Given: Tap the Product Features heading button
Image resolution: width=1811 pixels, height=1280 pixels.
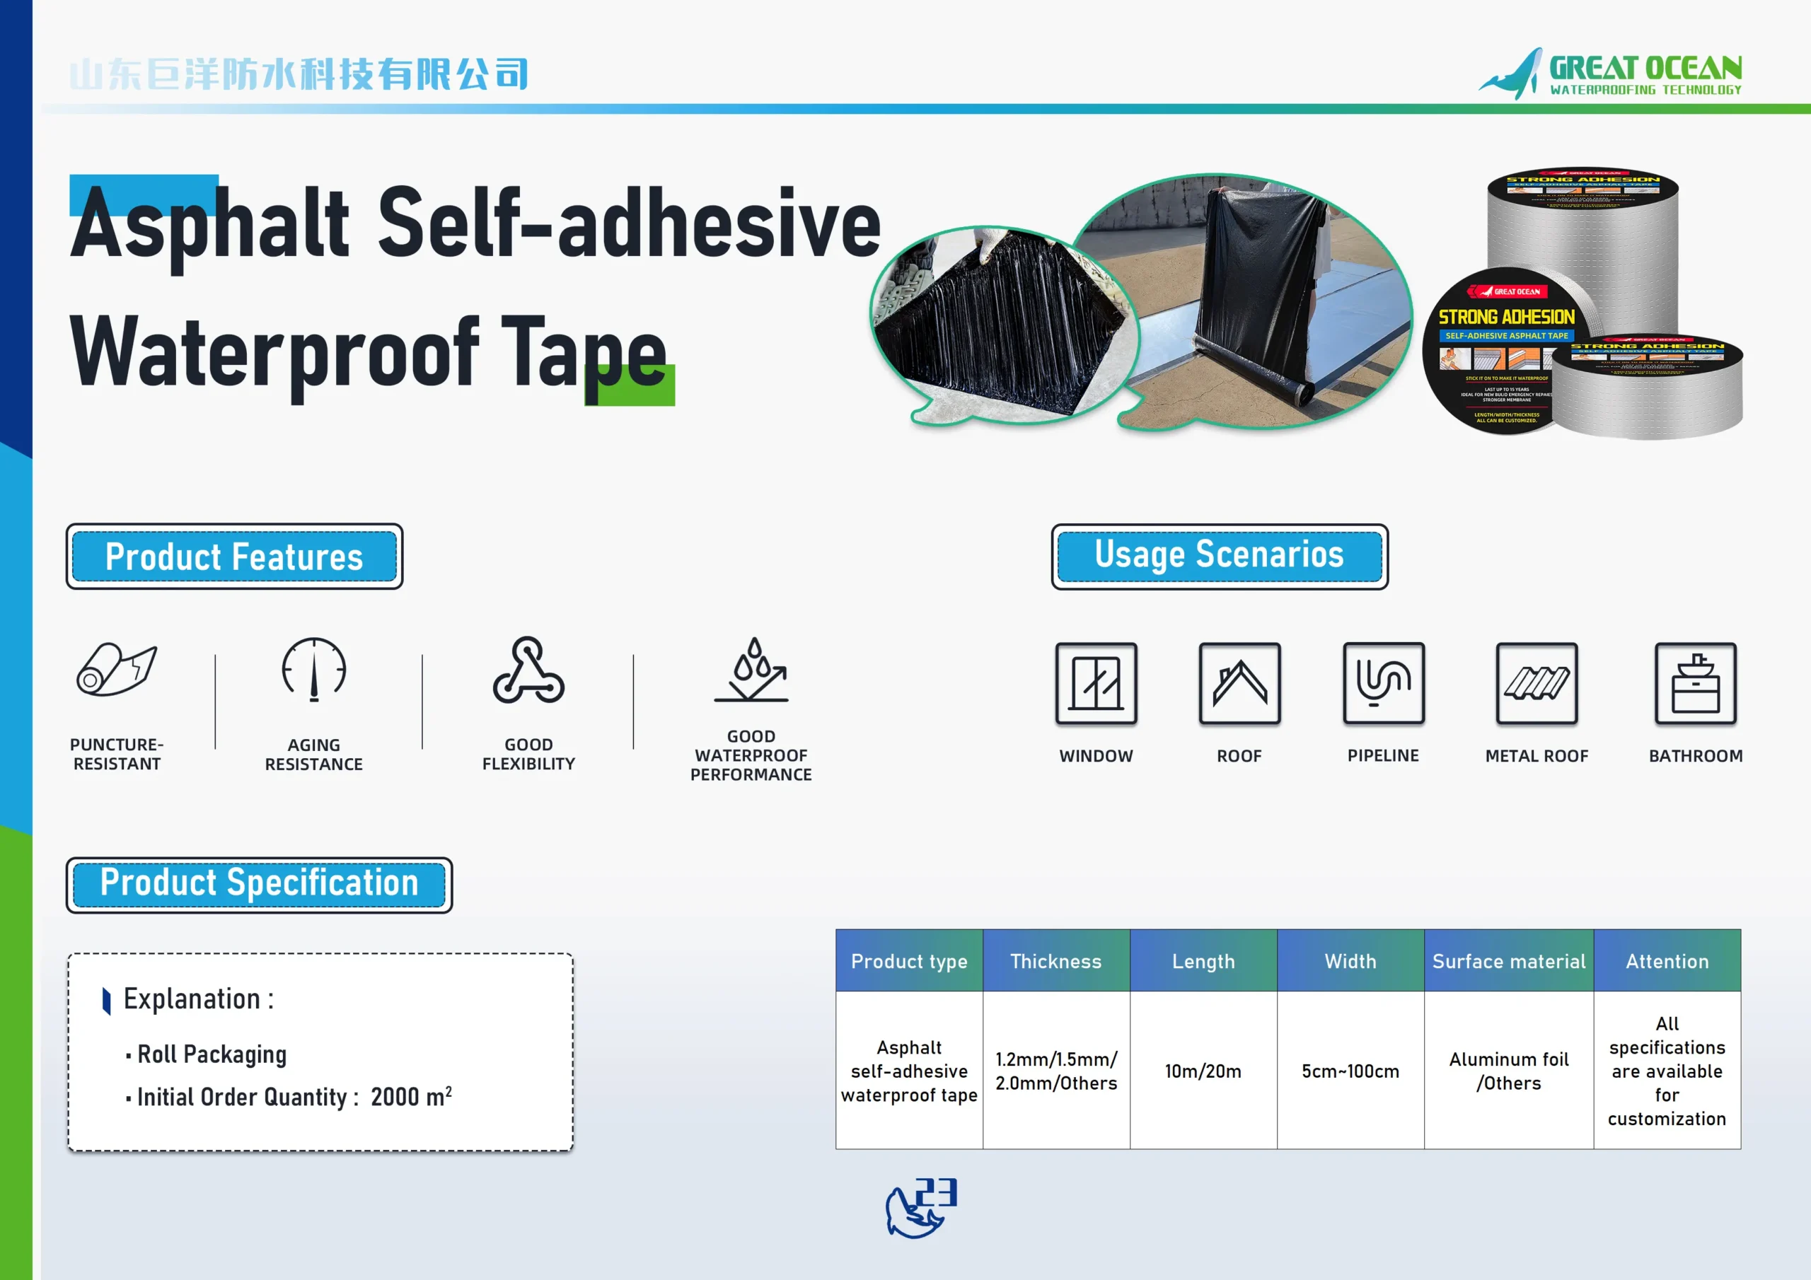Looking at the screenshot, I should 234,557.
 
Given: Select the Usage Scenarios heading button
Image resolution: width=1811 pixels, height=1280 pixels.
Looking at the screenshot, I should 1219,556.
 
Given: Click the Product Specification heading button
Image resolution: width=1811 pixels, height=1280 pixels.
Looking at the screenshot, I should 259,884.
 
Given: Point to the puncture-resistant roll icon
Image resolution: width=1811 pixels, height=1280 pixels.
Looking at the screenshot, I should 117,670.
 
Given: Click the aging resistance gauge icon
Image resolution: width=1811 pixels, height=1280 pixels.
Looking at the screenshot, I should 314,670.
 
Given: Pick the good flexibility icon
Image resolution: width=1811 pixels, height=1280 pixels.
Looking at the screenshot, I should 528,671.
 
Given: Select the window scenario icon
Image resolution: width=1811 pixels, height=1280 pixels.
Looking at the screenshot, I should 1096,684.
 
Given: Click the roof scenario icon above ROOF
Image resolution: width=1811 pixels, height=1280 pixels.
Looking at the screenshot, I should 1239,684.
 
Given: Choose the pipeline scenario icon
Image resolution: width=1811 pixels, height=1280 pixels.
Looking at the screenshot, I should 1383,683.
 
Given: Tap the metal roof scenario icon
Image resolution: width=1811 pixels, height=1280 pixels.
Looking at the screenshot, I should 1537,684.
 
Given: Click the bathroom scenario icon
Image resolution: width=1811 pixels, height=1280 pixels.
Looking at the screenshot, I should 1695,684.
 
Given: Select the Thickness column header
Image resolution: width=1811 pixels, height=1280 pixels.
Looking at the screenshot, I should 1055,960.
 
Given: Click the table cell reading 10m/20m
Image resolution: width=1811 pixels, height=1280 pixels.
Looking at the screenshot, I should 1203,1071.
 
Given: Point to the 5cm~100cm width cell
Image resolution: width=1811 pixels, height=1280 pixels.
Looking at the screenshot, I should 1350,1071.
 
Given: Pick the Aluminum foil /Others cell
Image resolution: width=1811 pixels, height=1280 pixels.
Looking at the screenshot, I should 1508,1071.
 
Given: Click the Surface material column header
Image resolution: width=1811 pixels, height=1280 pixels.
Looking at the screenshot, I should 1508,960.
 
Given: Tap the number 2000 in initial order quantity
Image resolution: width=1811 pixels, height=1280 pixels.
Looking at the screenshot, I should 394,1097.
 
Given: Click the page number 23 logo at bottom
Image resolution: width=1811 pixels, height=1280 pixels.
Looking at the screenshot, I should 921,1207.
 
